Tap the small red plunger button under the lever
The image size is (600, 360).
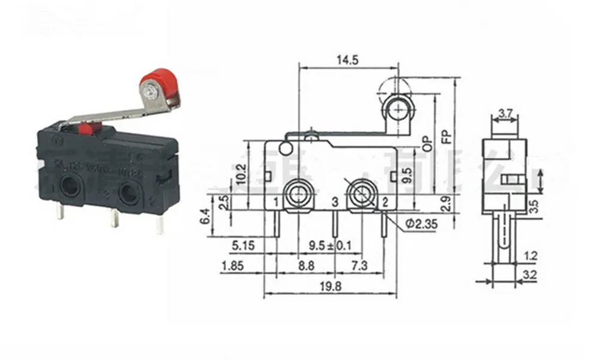pyautogui.click(x=86, y=128)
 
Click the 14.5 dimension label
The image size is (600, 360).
pyautogui.click(x=347, y=60)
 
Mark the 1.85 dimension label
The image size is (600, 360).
pyautogui.click(x=232, y=265)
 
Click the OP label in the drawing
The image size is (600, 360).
pyautogui.click(x=426, y=141)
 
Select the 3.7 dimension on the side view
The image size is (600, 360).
pyautogui.click(x=504, y=112)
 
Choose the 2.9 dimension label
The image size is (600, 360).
pyautogui.click(x=446, y=205)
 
